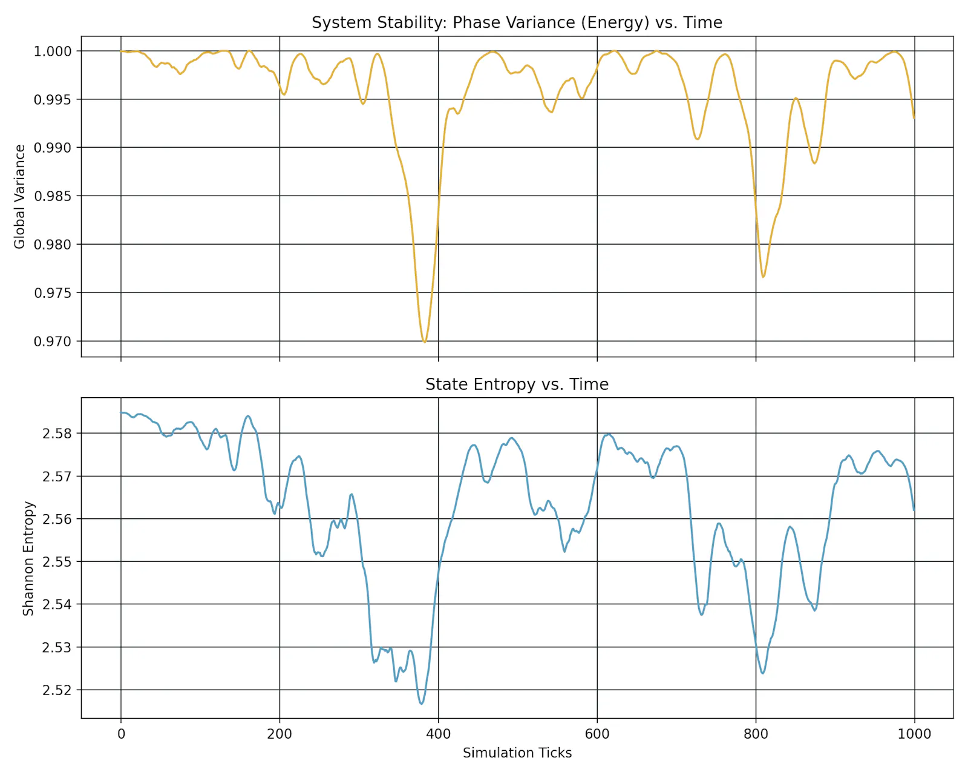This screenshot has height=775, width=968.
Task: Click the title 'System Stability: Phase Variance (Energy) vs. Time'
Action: coord(517,22)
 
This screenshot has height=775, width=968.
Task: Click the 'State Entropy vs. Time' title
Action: coord(517,384)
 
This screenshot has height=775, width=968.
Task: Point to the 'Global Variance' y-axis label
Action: coord(19,196)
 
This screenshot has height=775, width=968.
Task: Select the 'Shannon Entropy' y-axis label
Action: coord(28,558)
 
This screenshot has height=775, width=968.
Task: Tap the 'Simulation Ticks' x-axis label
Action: coord(517,753)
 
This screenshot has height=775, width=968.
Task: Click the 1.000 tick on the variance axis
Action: coord(53,51)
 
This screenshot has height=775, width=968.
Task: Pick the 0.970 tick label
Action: coord(53,341)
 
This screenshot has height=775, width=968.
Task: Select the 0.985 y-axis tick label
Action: coord(53,196)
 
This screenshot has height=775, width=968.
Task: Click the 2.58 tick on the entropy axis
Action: coord(57,434)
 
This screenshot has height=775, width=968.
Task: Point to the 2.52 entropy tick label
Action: coord(57,690)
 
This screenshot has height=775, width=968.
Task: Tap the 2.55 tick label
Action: coord(57,562)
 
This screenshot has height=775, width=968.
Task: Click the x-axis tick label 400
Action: coord(438,734)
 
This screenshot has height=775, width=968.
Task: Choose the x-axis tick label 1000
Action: coord(914,734)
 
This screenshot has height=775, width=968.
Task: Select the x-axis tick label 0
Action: coord(121,734)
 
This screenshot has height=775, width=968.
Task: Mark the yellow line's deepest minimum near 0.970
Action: coord(424,342)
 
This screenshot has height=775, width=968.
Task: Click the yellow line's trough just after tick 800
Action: coord(763,277)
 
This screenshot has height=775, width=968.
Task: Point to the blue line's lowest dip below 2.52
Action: coord(422,704)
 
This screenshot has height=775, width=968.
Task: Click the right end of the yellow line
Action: coord(914,118)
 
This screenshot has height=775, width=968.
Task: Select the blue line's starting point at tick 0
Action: coord(121,412)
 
